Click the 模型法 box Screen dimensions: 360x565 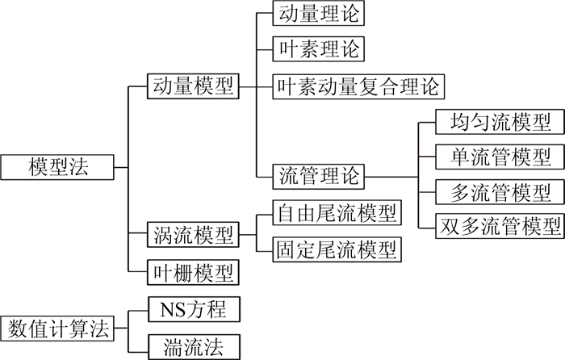tap(57, 168)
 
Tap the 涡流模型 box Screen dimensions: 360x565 tap(193, 235)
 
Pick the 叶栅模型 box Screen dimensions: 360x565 tap(193, 272)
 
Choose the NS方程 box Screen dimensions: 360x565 tap(193, 310)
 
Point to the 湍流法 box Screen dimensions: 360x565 tap(193, 347)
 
